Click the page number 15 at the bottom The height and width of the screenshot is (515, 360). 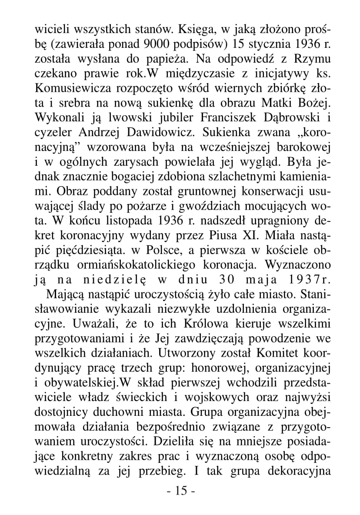click(x=180, y=492)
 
